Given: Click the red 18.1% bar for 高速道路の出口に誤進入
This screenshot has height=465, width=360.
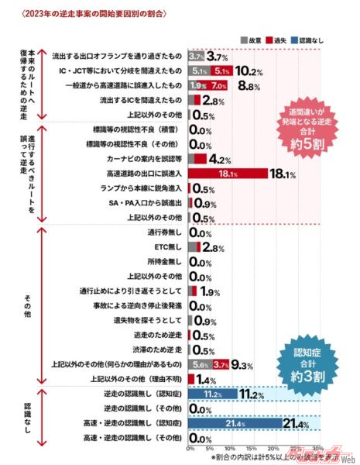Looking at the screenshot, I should coord(228,174).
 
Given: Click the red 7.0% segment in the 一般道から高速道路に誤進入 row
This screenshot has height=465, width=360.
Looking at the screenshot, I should coord(218,86).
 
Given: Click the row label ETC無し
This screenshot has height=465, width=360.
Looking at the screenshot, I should coord(170,247).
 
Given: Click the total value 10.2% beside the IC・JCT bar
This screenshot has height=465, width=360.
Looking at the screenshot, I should coord(248,71).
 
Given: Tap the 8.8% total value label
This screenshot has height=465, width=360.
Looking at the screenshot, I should coord(248,87).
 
